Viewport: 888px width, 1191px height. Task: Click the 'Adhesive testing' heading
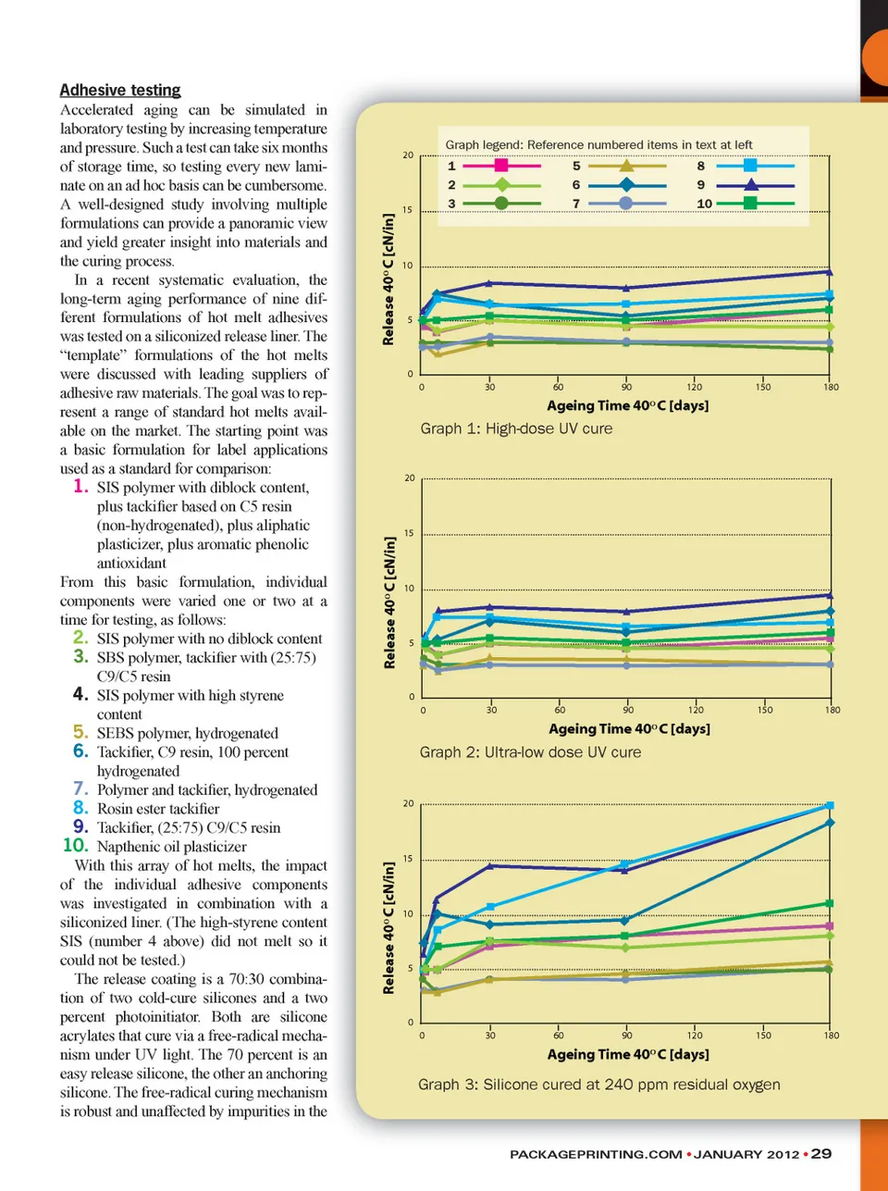(120, 90)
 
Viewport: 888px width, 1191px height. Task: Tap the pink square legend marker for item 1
(501, 166)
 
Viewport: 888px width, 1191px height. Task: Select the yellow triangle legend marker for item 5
(626, 166)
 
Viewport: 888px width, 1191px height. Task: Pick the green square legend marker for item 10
(750, 203)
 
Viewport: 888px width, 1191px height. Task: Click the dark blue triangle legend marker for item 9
(750, 184)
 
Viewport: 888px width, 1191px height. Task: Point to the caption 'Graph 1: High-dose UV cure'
(516, 428)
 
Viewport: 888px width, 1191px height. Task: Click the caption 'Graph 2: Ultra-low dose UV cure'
(530, 752)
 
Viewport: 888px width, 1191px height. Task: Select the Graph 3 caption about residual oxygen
(598, 1085)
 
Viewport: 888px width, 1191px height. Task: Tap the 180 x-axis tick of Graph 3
(832, 1036)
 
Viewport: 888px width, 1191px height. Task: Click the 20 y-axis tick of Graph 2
(410, 478)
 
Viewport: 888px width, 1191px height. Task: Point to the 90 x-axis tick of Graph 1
(626, 387)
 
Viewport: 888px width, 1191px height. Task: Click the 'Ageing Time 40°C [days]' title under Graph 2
(629, 729)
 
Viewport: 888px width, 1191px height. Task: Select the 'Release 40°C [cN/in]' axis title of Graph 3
(388, 928)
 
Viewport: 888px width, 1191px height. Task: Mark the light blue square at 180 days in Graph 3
(830, 806)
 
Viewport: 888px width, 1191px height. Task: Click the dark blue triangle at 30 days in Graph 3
(490, 865)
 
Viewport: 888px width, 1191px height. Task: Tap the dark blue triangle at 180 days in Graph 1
(829, 272)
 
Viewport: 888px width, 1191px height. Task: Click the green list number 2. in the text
(80, 638)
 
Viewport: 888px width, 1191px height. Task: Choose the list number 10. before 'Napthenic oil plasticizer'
(75, 845)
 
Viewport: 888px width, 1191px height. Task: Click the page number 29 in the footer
(821, 1153)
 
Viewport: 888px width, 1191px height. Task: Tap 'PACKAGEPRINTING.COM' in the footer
(596, 1154)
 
